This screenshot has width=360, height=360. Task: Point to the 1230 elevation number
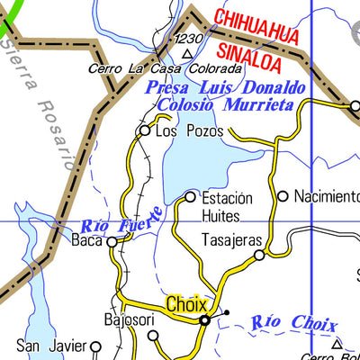coord(190,39)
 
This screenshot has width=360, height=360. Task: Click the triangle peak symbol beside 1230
coord(187,53)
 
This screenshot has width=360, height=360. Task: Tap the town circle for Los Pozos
coord(144,131)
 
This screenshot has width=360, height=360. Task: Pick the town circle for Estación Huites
coord(190,196)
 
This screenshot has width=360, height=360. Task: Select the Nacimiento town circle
coord(283,195)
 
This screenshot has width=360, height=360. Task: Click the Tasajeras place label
coord(231,241)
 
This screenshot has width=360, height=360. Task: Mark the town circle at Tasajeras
coord(259,256)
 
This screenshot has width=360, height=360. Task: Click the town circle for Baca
coord(112,241)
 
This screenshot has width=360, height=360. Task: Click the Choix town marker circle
coord(204,319)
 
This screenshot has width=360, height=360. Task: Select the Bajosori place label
coord(130,319)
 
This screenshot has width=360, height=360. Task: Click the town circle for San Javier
coord(94,345)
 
